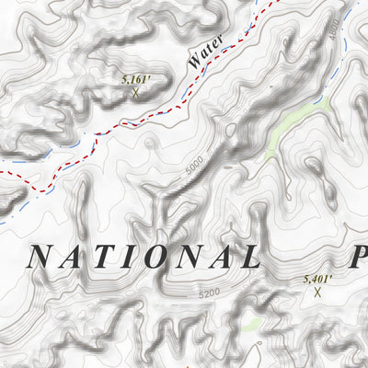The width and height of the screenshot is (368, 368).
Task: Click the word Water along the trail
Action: [x=205, y=52]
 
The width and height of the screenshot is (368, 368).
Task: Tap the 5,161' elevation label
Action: [x=136, y=81]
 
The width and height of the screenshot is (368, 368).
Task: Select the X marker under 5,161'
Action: [x=136, y=93]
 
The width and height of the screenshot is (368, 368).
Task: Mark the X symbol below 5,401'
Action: [x=318, y=293]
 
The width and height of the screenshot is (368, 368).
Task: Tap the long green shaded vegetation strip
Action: [x=285, y=129]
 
